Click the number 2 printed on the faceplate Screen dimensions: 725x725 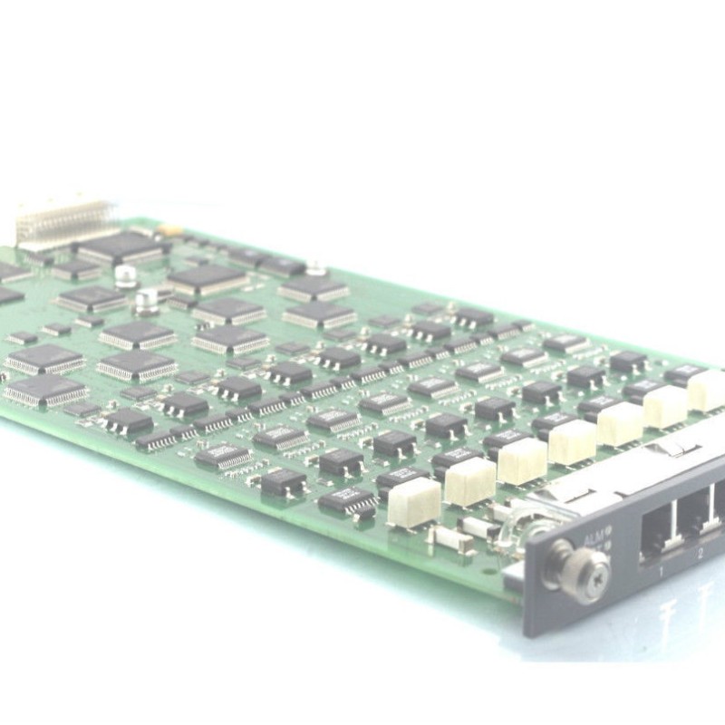tap(700, 550)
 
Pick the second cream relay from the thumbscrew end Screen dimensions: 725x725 tap(469, 480)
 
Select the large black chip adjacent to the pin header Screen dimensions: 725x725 tap(122, 246)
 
